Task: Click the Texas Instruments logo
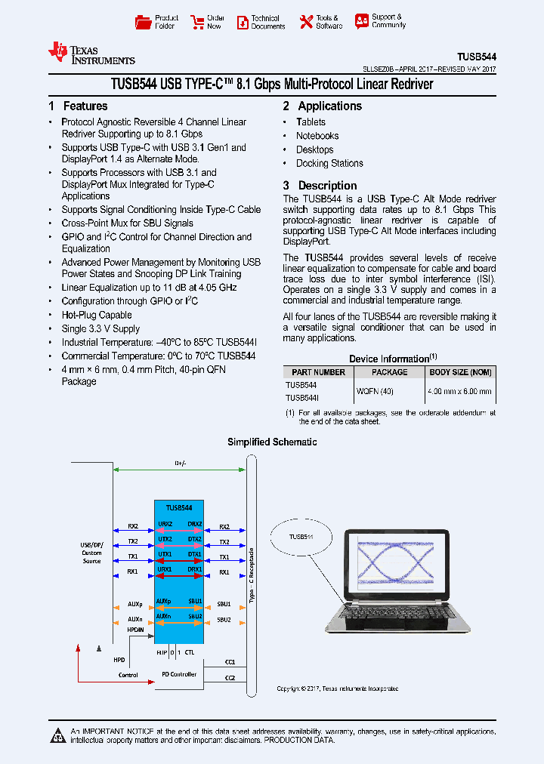91,52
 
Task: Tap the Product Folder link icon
143,22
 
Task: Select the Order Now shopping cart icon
196,22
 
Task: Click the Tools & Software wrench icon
306,22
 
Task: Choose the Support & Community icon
362,21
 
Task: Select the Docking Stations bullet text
329,163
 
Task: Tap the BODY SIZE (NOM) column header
460,372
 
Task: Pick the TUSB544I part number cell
302,398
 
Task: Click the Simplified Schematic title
272,442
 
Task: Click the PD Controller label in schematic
179,674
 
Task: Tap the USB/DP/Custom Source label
91,554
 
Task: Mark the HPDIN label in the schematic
135,628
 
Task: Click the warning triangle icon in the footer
57,735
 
